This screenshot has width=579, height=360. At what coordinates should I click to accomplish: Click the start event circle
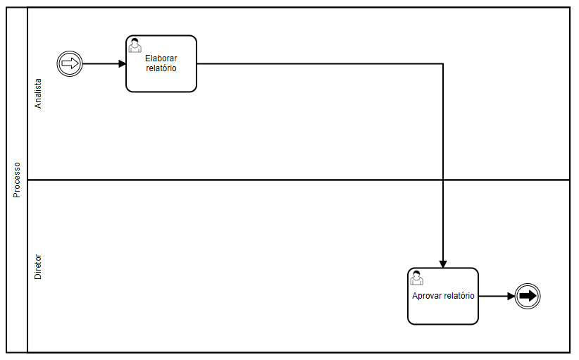point(70,63)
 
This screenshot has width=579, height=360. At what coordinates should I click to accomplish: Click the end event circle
point(527,296)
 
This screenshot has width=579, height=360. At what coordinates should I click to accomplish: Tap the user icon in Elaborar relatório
point(135,45)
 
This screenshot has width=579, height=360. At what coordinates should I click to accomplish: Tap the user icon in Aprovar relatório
point(416,278)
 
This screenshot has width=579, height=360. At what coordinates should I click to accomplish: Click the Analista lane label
point(38,92)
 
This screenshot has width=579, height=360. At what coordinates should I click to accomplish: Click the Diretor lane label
point(38,267)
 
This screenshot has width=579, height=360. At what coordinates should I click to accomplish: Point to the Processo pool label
point(17,180)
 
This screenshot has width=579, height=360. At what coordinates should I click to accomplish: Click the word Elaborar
point(161,58)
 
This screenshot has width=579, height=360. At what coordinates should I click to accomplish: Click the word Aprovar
point(427,296)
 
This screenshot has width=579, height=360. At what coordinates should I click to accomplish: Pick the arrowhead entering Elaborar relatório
point(123,63)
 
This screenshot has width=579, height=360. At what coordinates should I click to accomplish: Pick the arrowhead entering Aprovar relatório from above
point(442,264)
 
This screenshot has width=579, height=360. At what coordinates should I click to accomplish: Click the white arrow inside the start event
point(70,63)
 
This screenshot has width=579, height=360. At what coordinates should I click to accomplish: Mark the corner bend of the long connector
point(442,63)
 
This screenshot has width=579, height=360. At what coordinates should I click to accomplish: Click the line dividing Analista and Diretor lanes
point(282,180)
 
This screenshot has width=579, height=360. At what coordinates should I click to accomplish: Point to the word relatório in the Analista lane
point(161,68)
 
